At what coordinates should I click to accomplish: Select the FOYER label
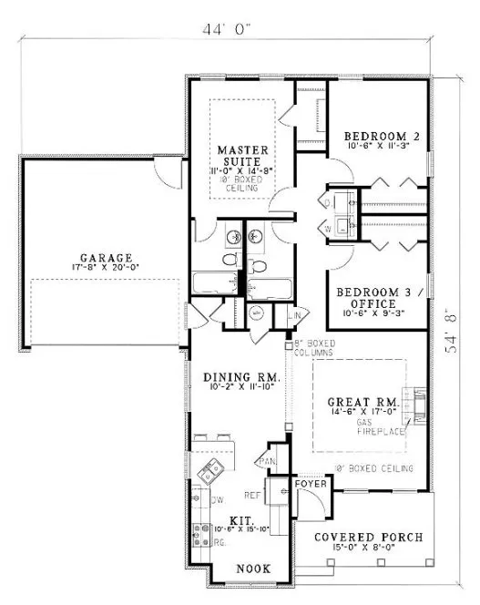click(x=307, y=485)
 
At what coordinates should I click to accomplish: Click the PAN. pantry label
click(x=271, y=462)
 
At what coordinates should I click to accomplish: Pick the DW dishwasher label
click(x=218, y=500)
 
